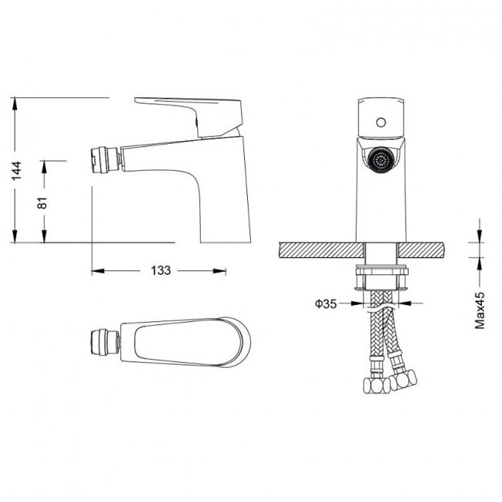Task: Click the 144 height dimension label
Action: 17,171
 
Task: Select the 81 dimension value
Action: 42,202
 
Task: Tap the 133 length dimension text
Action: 161,270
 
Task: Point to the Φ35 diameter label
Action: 326,304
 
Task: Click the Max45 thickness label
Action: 480,310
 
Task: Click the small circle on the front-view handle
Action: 381,122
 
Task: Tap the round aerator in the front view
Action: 381,160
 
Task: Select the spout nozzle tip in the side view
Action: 106,159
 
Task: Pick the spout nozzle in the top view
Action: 105,342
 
